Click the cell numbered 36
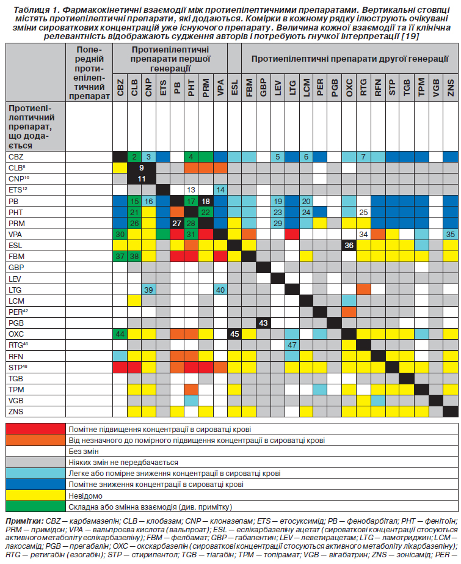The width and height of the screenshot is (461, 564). click(x=349, y=245)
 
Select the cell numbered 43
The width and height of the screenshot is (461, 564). click(x=263, y=323)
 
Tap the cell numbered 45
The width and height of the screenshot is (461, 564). click(x=234, y=334)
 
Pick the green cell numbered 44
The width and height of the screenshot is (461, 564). click(x=120, y=334)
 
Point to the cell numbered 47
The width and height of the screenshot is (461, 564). click(x=292, y=345)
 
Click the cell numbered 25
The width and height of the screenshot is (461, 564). click(x=363, y=212)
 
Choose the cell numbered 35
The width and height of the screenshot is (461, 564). click(x=450, y=235)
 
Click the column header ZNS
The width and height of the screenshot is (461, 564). click(x=451, y=88)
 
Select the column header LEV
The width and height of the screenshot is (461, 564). click(x=278, y=88)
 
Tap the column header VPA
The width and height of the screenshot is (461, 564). click(x=220, y=88)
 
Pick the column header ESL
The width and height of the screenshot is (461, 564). click(x=234, y=88)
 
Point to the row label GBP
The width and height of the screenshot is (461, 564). click(x=16, y=268)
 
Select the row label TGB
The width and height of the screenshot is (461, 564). click(x=16, y=379)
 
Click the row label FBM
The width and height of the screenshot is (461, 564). click(x=16, y=257)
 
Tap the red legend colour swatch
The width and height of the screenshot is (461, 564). click(x=35, y=429)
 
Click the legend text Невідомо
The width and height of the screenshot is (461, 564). click(x=85, y=496)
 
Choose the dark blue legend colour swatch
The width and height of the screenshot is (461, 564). click(x=35, y=485)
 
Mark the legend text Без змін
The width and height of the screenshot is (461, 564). click(x=84, y=452)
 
